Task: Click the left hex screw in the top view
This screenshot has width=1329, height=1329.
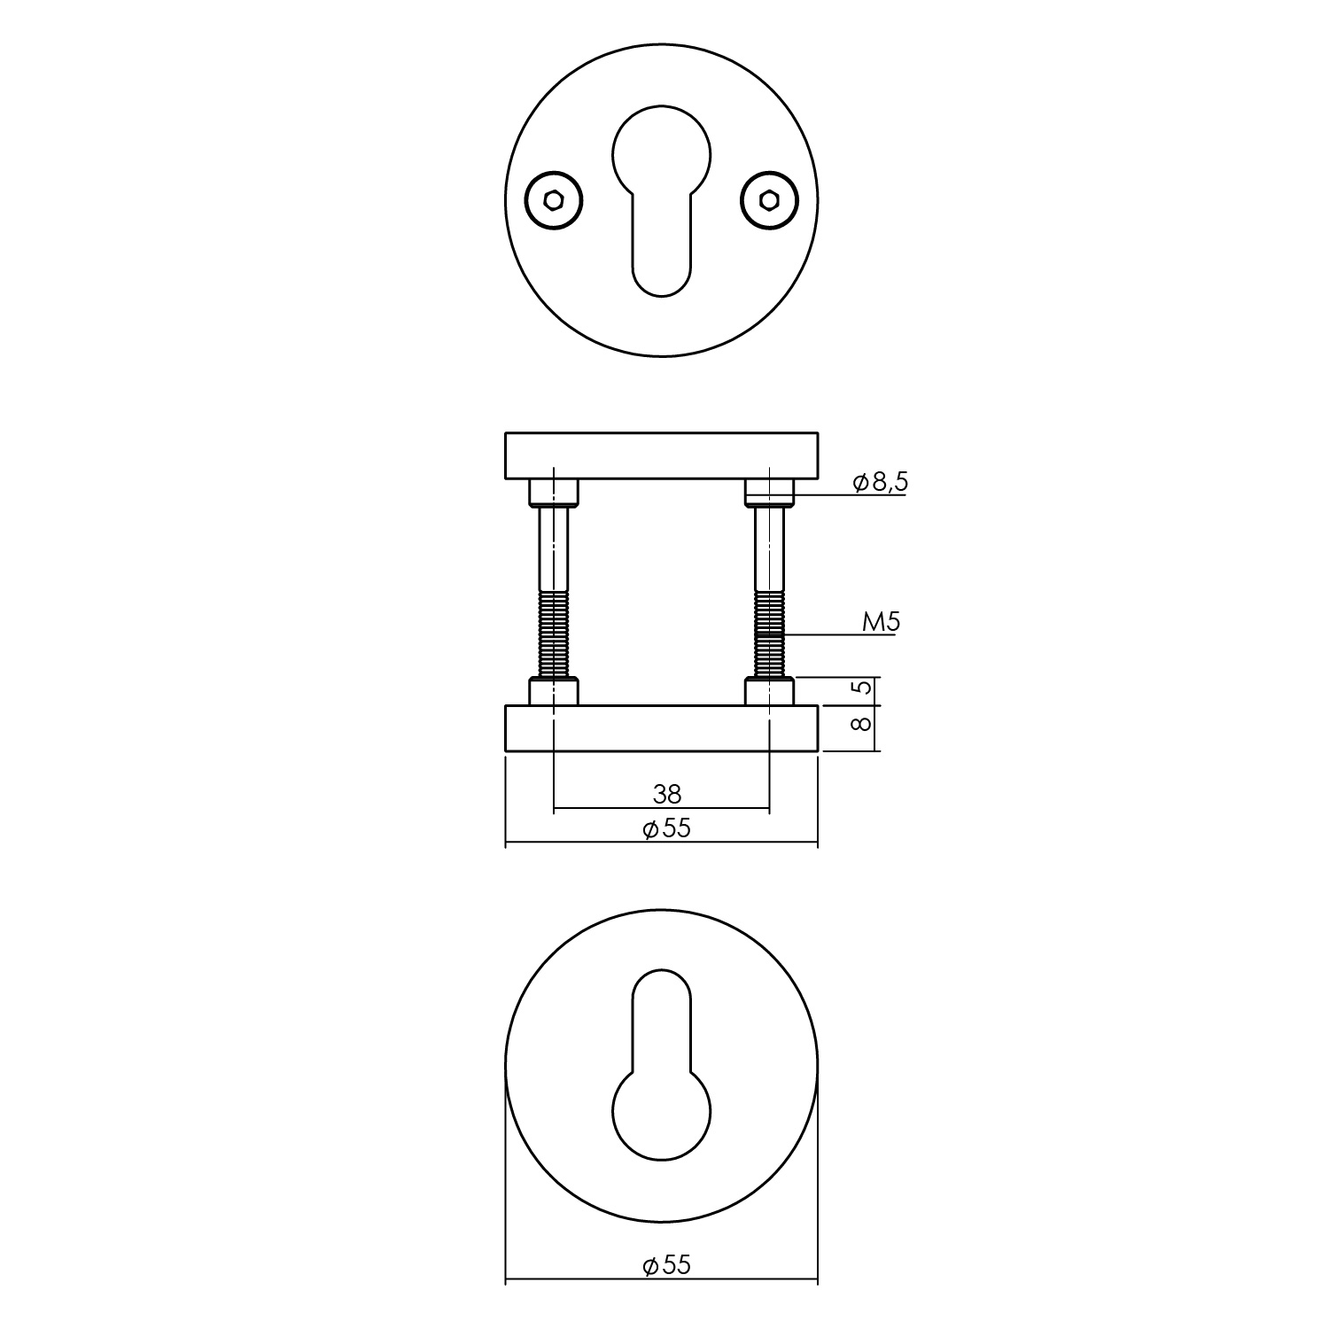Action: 554,201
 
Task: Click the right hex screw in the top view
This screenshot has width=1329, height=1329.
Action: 769,201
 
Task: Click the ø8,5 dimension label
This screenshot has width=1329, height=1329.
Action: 880,482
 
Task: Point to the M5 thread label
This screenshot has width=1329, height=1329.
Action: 882,622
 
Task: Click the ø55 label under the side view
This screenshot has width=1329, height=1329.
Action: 666,828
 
